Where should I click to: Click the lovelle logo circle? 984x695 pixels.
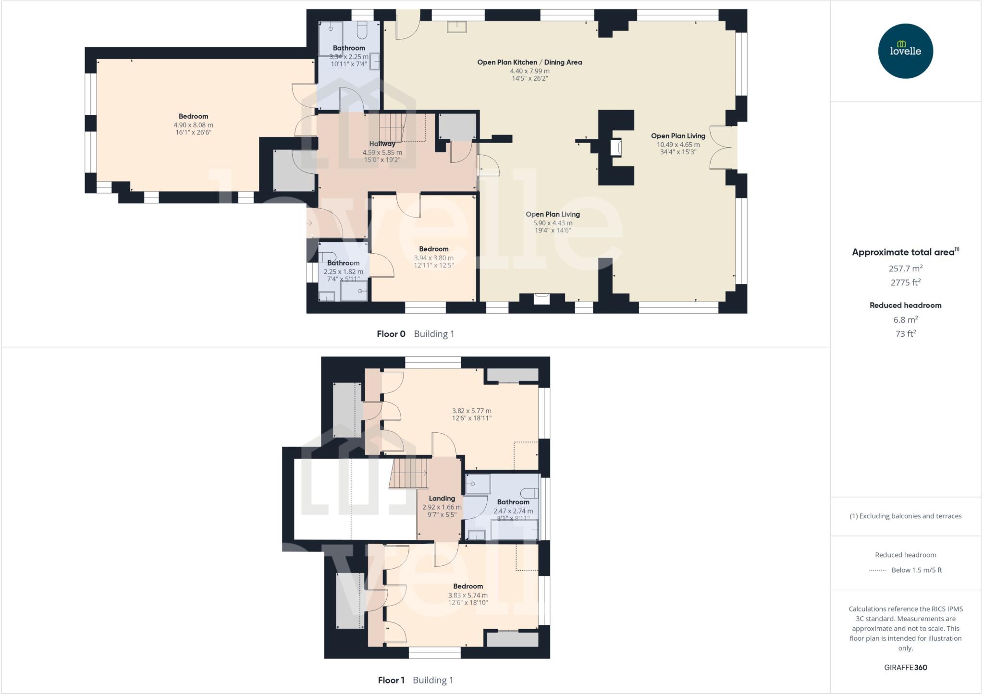click(905, 51)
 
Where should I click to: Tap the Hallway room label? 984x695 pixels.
click(382, 144)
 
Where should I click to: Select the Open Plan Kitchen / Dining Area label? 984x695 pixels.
click(529, 62)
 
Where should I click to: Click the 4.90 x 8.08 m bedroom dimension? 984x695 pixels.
click(193, 125)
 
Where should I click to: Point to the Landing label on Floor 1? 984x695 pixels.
click(442, 499)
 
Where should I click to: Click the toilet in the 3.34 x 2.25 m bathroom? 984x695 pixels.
click(362, 30)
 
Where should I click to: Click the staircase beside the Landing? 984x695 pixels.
click(408, 473)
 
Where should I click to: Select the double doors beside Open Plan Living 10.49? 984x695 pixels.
click(722, 147)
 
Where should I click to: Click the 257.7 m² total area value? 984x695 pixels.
click(905, 268)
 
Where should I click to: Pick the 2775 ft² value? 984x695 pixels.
click(905, 282)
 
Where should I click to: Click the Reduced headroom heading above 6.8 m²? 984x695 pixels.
click(905, 305)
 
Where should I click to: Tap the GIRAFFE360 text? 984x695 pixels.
click(905, 667)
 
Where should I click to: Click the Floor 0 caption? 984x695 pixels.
click(391, 334)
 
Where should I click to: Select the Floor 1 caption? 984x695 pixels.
click(391, 680)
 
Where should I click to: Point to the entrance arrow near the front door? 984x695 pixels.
click(309, 223)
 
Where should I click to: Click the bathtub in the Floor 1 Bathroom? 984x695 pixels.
click(514, 530)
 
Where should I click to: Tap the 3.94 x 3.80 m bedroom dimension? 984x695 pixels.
click(433, 258)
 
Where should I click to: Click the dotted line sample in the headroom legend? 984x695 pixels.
click(877, 570)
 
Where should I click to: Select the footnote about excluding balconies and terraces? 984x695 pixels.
click(905, 516)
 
